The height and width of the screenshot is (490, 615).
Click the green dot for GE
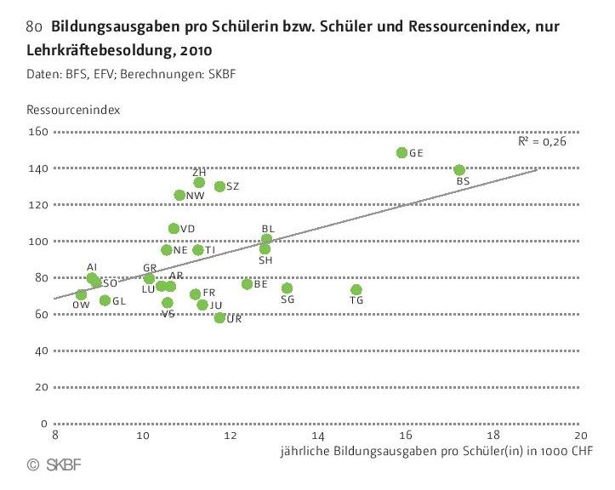(401, 153)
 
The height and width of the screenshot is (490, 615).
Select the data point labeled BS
(459, 170)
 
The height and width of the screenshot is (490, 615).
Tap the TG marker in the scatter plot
(356, 290)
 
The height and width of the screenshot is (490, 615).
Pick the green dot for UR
(220, 317)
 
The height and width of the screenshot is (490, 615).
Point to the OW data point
(81, 294)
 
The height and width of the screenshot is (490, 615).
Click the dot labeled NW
(179, 195)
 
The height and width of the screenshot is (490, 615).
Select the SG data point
(287, 288)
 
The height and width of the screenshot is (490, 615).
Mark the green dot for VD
(174, 228)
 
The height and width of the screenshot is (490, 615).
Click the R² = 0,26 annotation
(542, 141)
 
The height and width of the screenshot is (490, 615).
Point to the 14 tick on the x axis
(319, 436)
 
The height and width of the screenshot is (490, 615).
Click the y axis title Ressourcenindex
(72, 110)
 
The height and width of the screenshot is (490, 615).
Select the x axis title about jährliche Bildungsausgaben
(436, 450)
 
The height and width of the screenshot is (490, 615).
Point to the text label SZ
(232, 186)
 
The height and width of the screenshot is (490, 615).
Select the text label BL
(268, 228)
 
